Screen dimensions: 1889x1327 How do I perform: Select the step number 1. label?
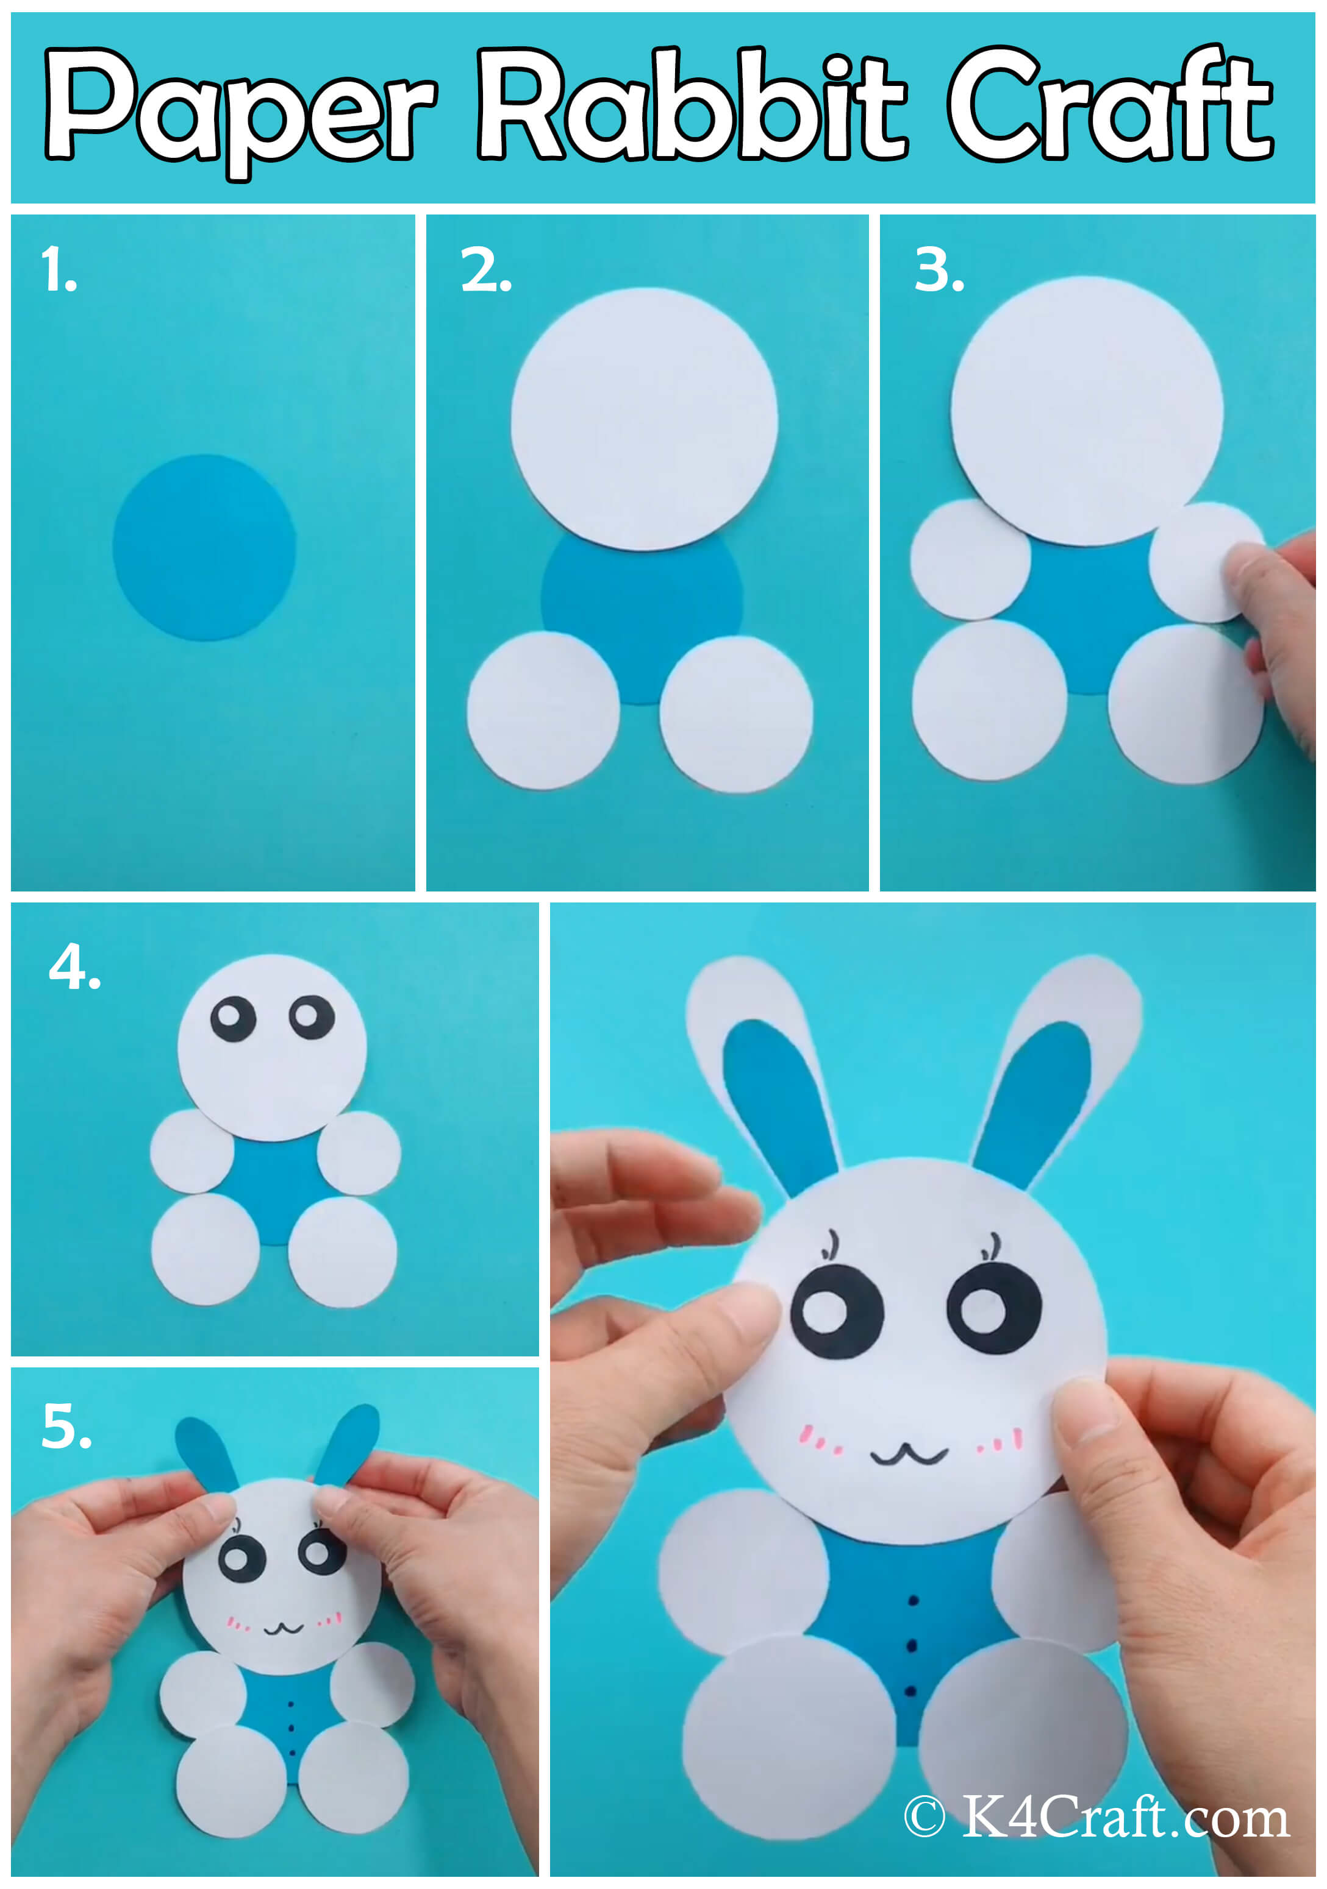point(59,271)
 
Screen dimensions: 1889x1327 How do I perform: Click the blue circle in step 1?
point(204,547)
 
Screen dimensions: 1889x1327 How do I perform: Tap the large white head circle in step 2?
point(644,418)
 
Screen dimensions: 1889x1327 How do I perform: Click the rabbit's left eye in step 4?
point(233,1019)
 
